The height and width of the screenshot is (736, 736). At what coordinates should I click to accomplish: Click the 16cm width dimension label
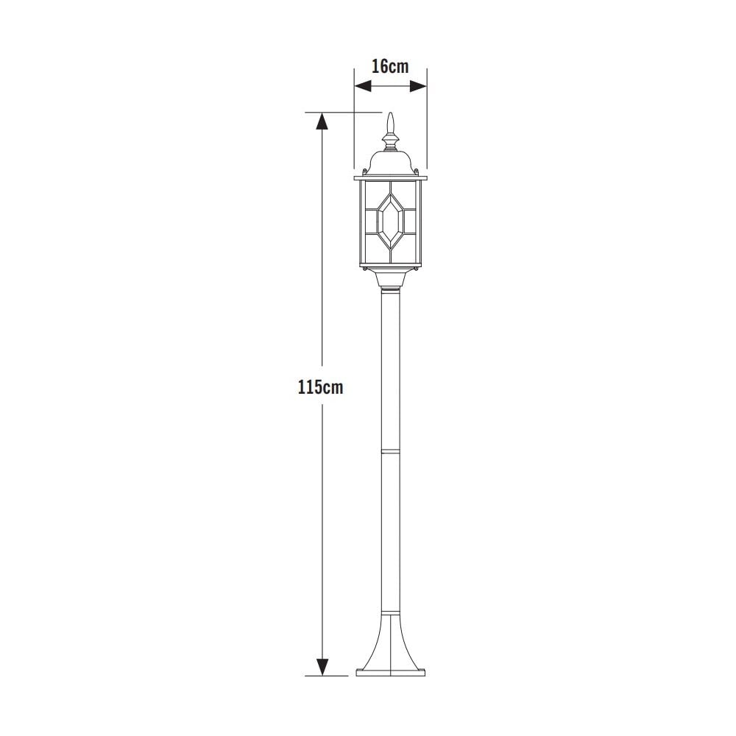389,66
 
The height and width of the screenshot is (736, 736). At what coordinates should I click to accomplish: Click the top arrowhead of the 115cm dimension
321,121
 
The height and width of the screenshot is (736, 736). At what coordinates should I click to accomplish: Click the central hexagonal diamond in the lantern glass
391,219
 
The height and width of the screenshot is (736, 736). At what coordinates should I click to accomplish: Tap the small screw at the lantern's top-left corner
365,172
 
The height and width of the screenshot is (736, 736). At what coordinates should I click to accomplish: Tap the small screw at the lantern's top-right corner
417,172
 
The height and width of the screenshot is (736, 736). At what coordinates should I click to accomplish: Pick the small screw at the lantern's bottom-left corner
365,271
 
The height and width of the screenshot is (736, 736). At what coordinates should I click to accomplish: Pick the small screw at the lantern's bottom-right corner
417,271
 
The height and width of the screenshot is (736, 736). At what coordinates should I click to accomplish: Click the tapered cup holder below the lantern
391,280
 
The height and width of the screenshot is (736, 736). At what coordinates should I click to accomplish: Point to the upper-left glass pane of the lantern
369,195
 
